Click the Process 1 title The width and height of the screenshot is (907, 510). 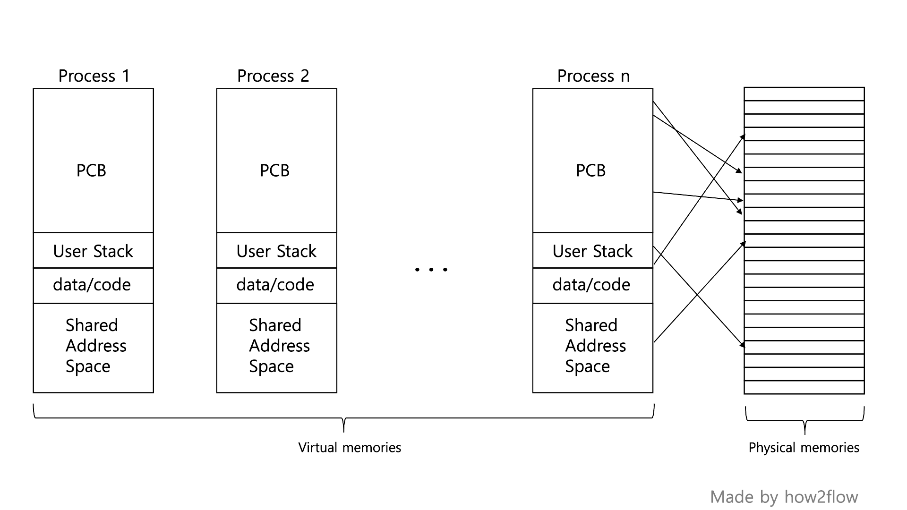[x=94, y=76]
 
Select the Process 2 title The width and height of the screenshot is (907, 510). [x=273, y=76]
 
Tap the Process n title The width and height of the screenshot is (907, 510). [x=593, y=76]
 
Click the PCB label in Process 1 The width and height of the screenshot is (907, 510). [x=91, y=170]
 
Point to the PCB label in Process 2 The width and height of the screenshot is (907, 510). [x=274, y=170]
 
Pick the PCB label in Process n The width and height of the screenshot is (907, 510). [x=590, y=170]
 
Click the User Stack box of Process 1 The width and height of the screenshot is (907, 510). [x=93, y=251]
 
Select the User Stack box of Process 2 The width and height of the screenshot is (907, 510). [x=276, y=251]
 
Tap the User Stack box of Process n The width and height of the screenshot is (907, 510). [x=592, y=251]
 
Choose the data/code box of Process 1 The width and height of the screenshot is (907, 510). [x=92, y=285]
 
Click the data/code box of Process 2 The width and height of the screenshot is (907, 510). [x=275, y=285]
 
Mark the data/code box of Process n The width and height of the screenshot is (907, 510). [x=591, y=285]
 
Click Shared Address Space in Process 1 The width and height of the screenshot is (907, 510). [x=95, y=346]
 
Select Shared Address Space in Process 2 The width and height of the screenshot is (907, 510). [x=279, y=346]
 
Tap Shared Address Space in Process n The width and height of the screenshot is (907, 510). [x=595, y=346]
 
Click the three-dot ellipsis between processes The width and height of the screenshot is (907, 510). [x=431, y=270]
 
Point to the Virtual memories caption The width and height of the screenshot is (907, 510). [x=350, y=447]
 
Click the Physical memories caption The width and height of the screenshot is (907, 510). [x=804, y=447]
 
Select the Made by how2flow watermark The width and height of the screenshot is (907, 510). [x=784, y=497]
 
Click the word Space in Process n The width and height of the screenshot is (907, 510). [x=587, y=366]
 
